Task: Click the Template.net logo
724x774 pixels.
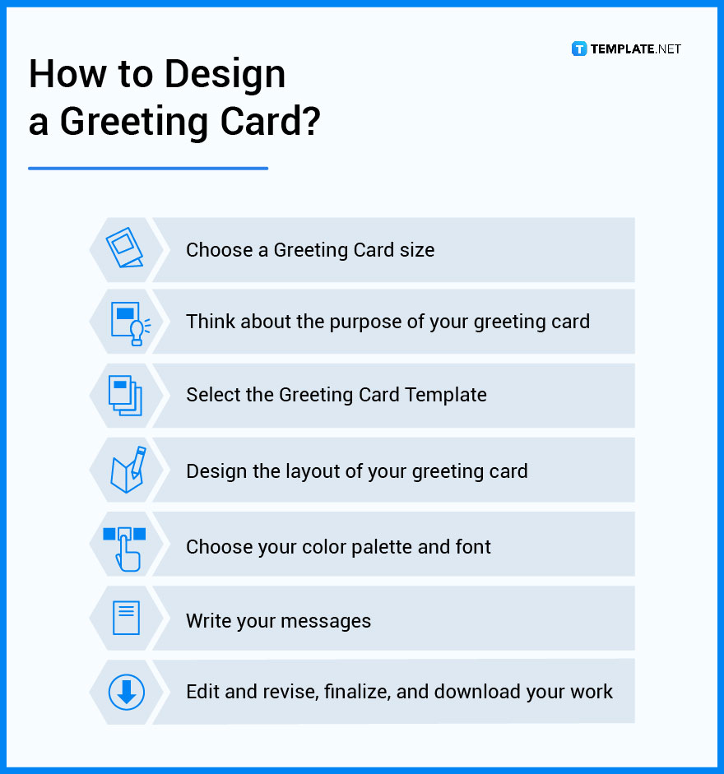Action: (x=627, y=49)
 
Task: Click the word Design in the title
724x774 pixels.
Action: (x=223, y=75)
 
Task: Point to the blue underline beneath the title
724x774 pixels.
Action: (x=148, y=169)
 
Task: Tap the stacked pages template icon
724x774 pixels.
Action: (x=126, y=396)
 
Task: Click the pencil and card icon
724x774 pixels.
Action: (x=128, y=470)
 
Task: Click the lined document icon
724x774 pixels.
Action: (x=126, y=619)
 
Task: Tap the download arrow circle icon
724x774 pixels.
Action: (x=126, y=692)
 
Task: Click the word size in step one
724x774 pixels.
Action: (x=415, y=250)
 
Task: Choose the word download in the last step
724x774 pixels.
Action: (x=476, y=692)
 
